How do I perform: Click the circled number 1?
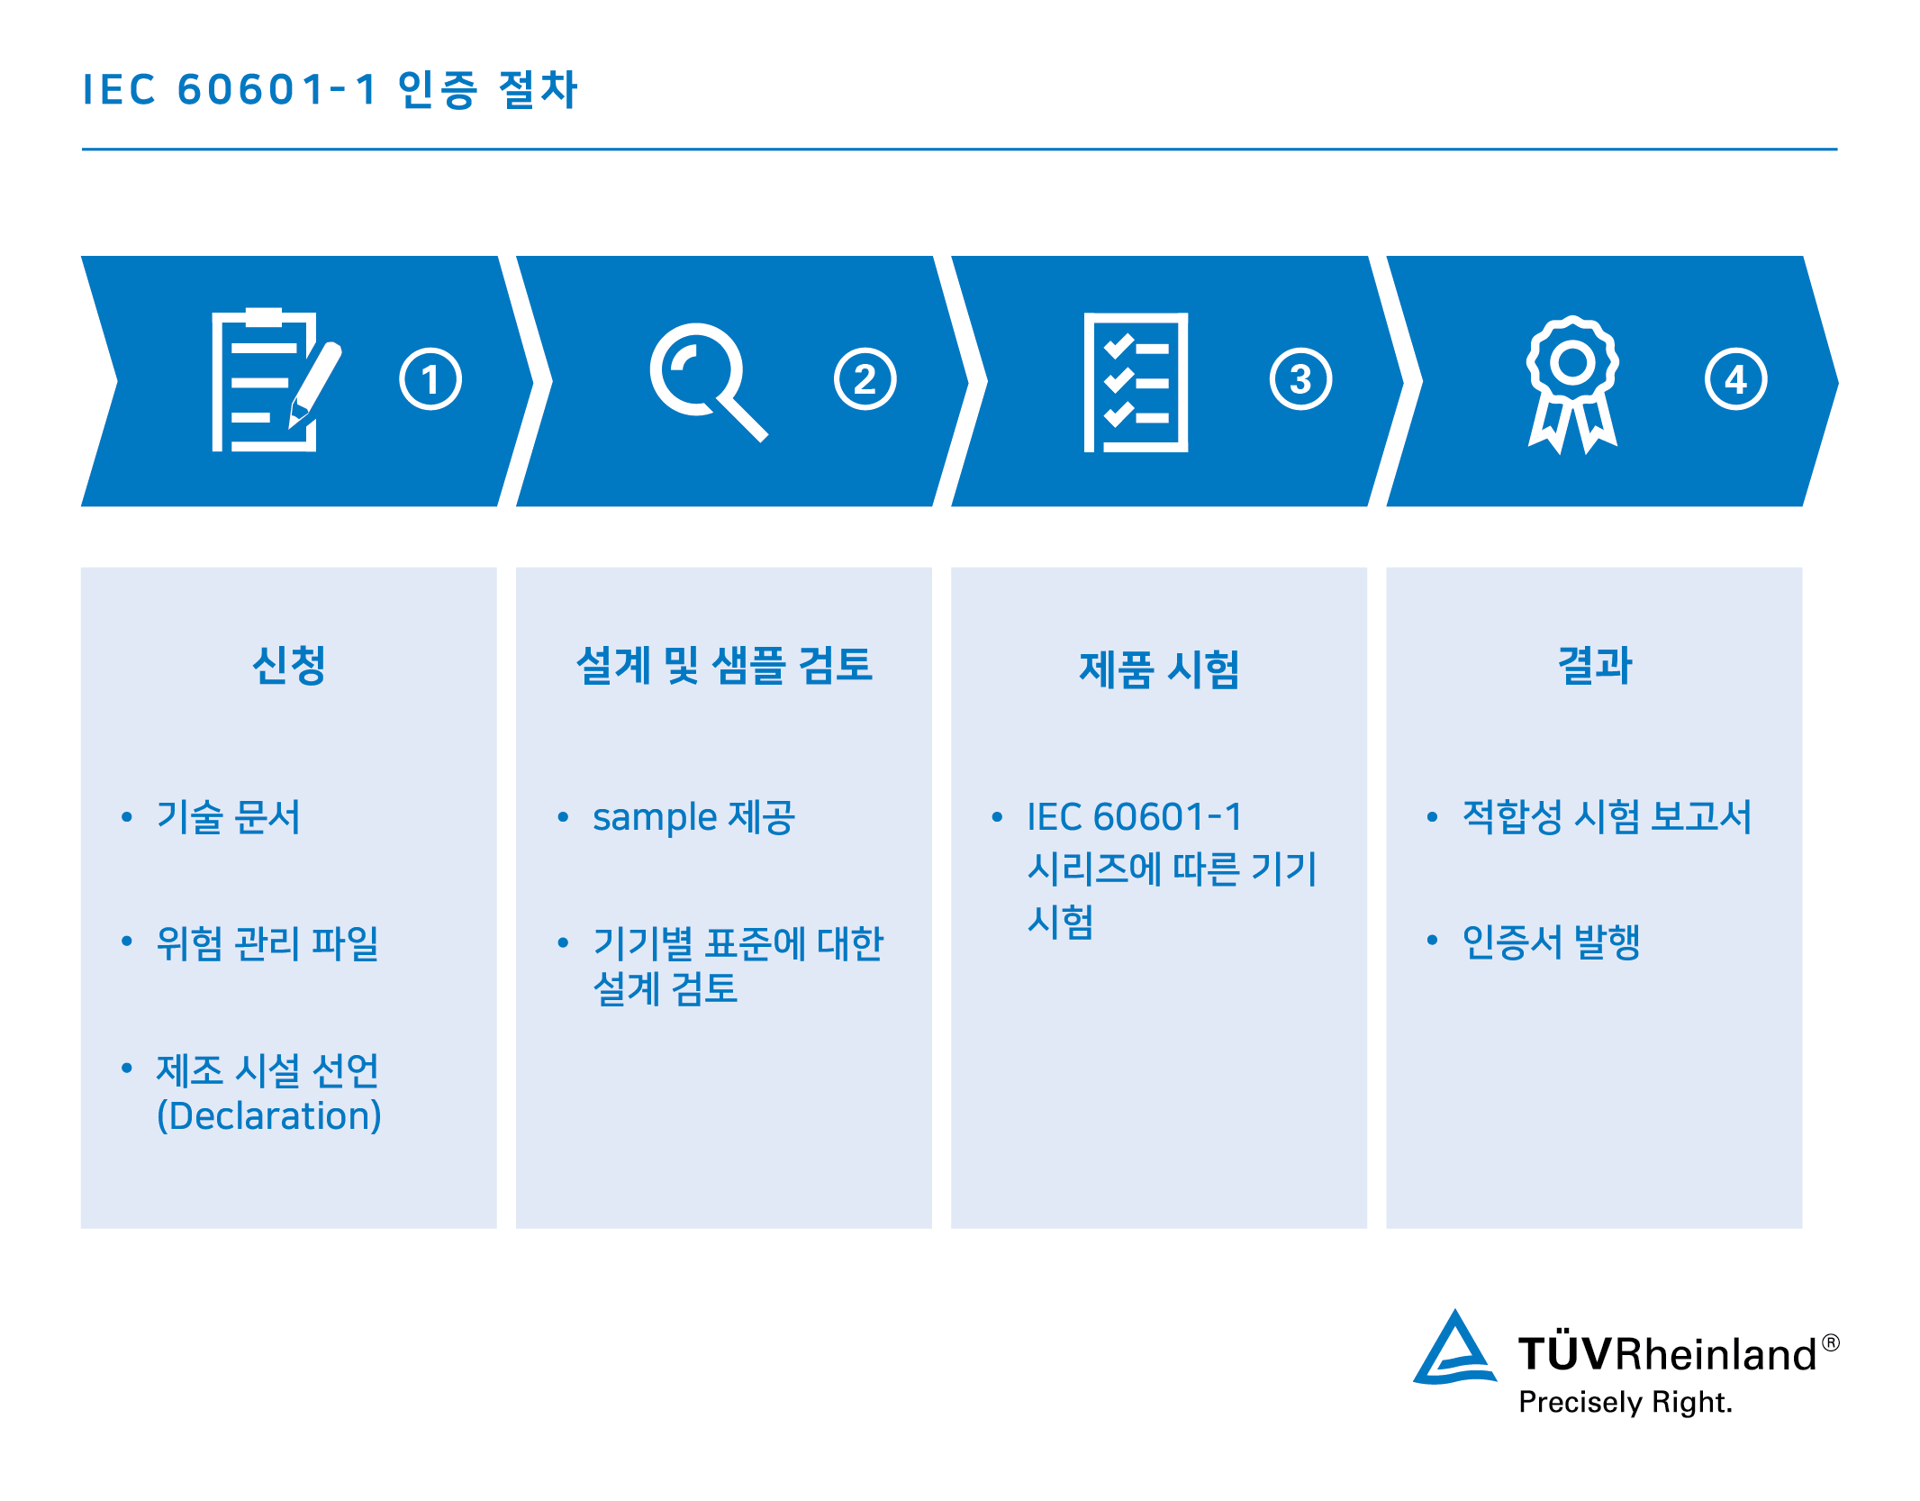pyautogui.click(x=430, y=379)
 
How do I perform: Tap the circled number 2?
pyautogui.click(x=865, y=379)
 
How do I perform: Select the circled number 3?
pyautogui.click(x=1300, y=379)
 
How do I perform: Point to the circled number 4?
pyautogui.click(x=1735, y=379)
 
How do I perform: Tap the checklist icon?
pyautogui.click(x=1136, y=382)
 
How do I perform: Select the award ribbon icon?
pyautogui.click(x=1572, y=385)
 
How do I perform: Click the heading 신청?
pyautogui.click(x=289, y=666)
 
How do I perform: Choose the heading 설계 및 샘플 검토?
pyautogui.click(x=724, y=666)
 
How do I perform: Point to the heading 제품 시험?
pyautogui.click(x=1159, y=669)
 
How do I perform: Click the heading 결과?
pyautogui.click(x=1594, y=666)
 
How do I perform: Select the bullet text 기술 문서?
pyautogui.click(x=228, y=817)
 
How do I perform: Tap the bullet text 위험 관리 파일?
pyautogui.click(x=267, y=943)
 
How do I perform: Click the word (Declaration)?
pyautogui.click(x=269, y=1115)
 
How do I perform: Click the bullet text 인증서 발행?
pyautogui.click(x=1551, y=942)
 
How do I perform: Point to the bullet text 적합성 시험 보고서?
pyautogui.click(x=1607, y=817)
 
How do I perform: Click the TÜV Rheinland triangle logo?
pyautogui.click(x=1454, y=1348)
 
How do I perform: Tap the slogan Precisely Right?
pyautogui.click(x=1626, y=1402)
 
